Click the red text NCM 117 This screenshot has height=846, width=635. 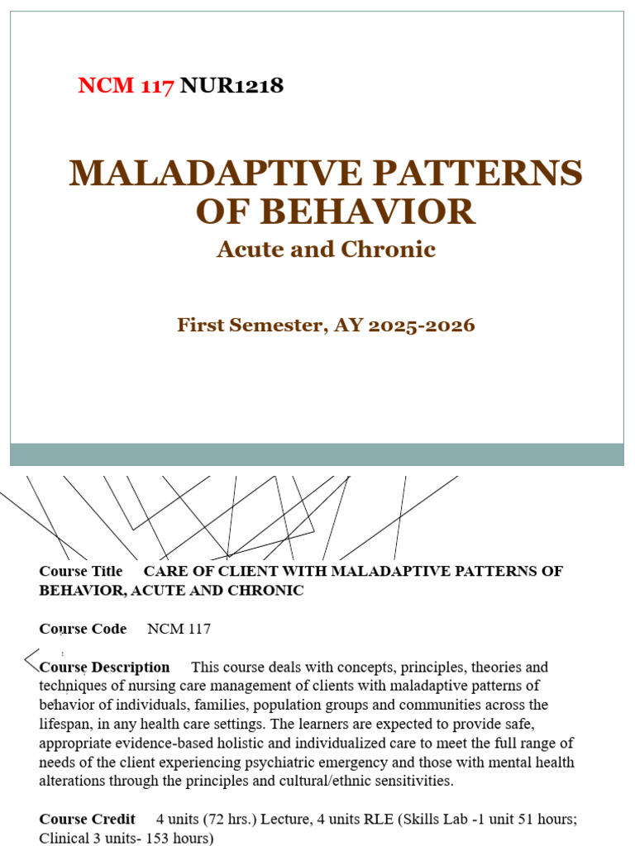pos(126,86)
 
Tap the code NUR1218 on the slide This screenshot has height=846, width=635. pos(232,86)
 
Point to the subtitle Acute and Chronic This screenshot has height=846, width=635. pos(326,250)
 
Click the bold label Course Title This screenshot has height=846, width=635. pos(81,572)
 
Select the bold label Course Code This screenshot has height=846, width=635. pos(83,630)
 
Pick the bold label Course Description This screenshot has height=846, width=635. pos(104,668)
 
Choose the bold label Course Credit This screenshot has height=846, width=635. pos(87,820)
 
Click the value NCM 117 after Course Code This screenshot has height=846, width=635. pos(179,630)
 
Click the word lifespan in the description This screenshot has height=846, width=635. pos(65,725)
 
